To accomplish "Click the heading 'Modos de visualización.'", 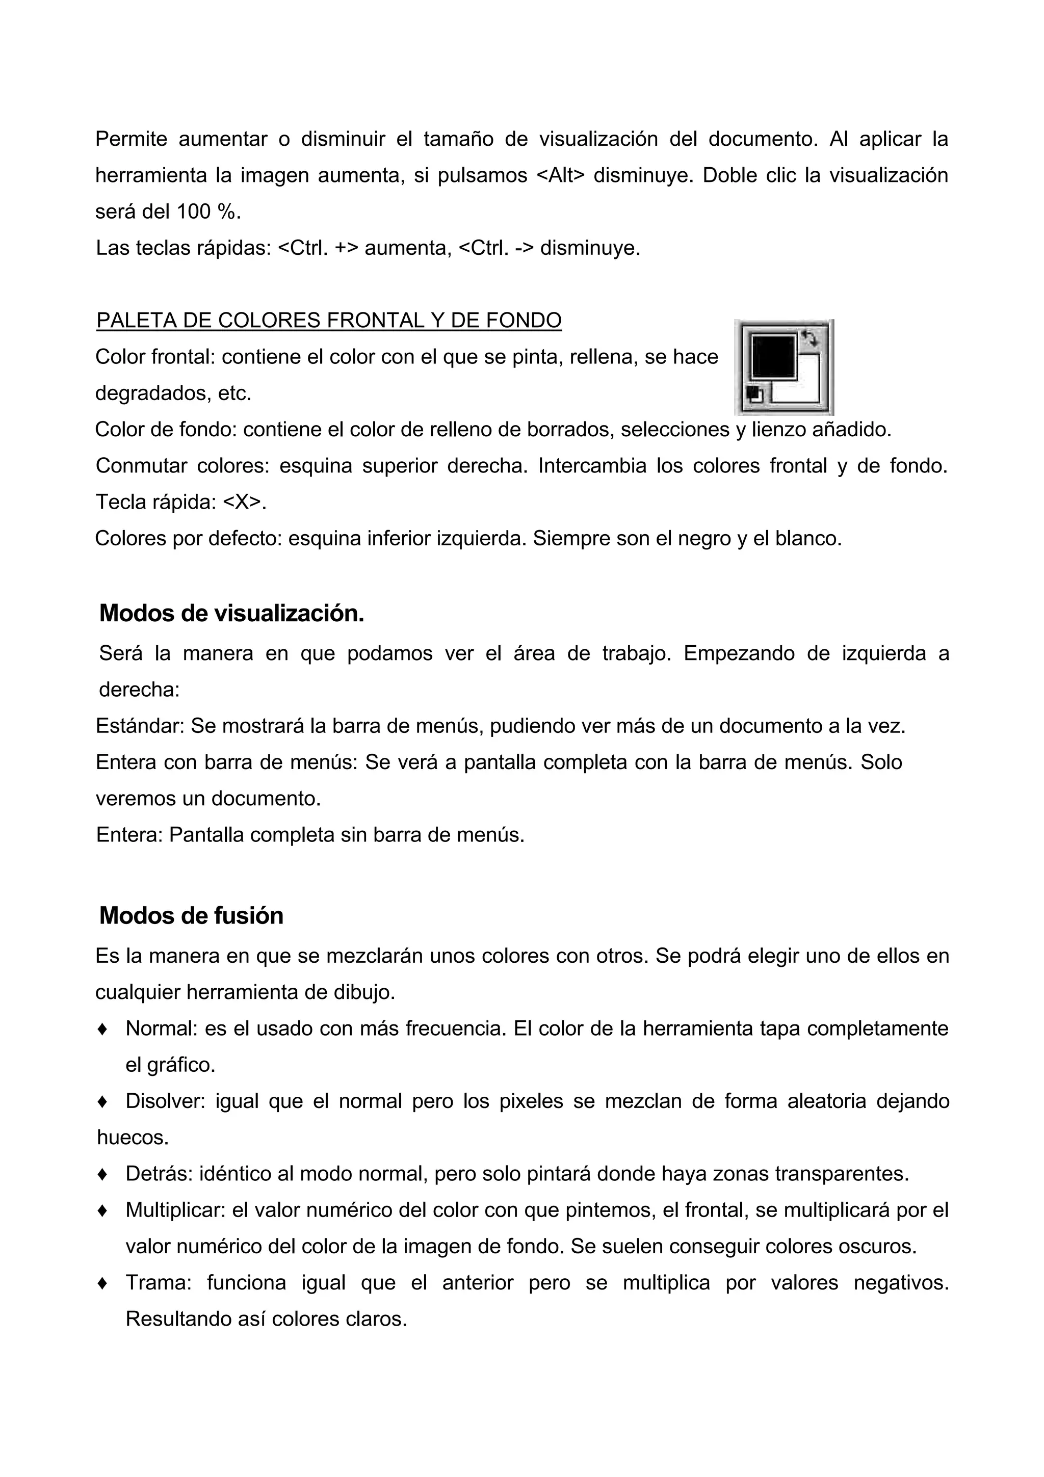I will coord(231,614).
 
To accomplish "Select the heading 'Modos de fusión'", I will coord(191,915).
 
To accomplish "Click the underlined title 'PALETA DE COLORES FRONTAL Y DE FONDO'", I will coord(329,321).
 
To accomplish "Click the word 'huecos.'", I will coord(133,1138).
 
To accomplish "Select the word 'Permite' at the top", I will coord(131,139).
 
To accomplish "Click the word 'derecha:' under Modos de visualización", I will coord(139,690).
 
